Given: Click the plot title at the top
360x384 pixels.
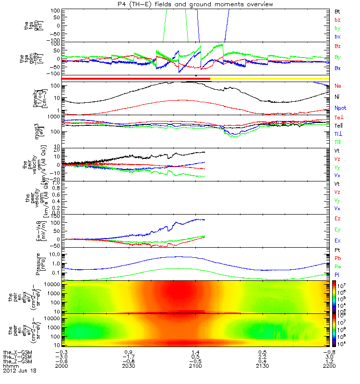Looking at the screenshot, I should (180, 4).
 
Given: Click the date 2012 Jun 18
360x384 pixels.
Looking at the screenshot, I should (19, 371).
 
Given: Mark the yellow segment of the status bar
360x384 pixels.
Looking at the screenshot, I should (269, 78).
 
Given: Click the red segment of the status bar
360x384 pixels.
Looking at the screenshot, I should (134, 78).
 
